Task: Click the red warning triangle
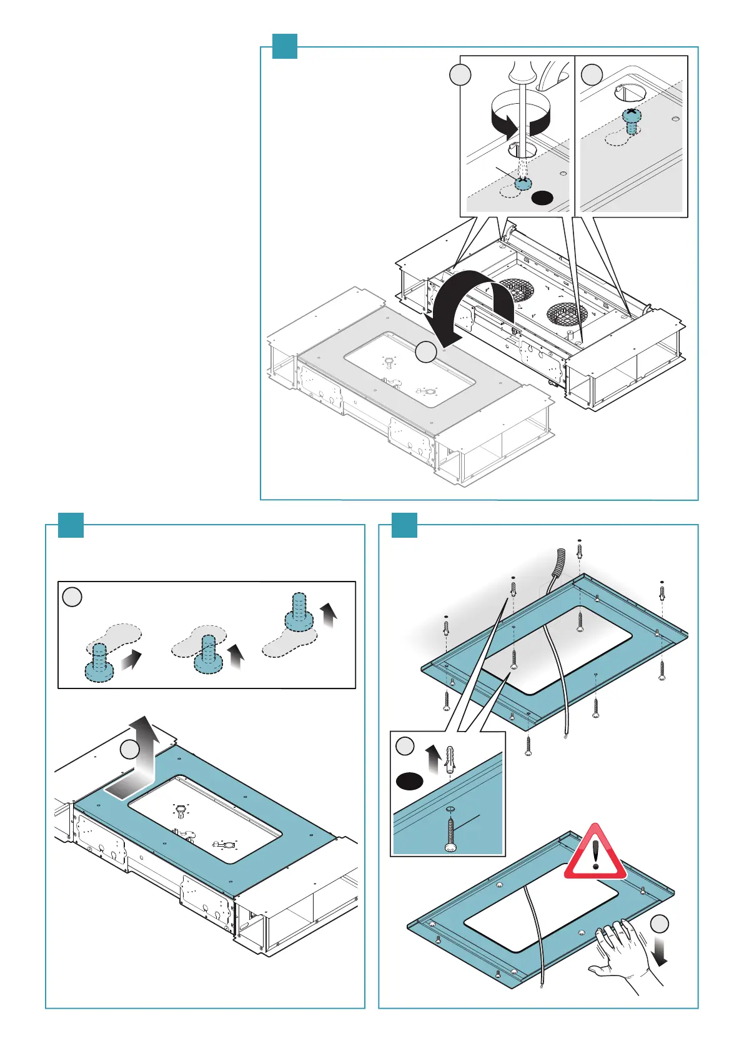(x=595, y=854)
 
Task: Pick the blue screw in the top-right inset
(x=632, y=120)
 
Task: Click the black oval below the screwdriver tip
(x=542, y=198)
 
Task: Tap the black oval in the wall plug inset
(x=409, y=780)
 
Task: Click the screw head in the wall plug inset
(x=450, y=846)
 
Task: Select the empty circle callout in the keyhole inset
(x=72, y=597)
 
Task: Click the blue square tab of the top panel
(x=284, y=46)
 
